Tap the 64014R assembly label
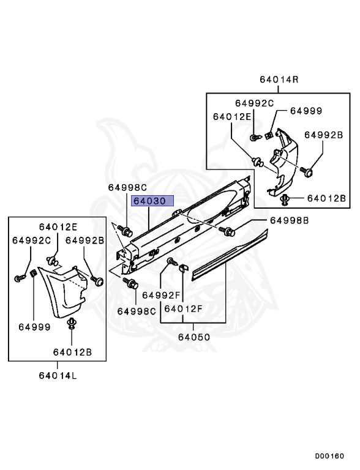[279, 80]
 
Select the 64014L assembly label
[58, 375]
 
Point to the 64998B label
[289, 220]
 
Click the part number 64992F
[161, 295]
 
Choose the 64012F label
[183, 308]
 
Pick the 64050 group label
[194, 337]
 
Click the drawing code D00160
[329, 456]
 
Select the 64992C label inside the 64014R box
[255, 103]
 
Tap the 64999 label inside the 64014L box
[34, 327]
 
